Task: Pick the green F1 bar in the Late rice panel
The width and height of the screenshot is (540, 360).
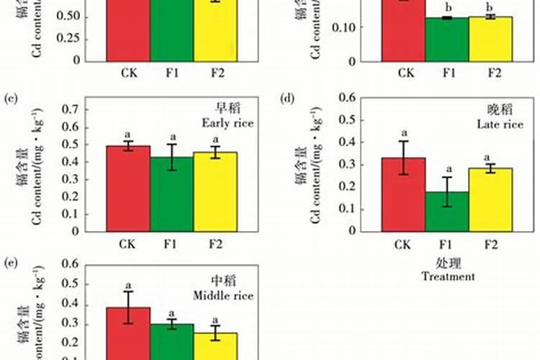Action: (447, 212)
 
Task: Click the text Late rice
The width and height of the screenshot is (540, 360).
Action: (499, 125)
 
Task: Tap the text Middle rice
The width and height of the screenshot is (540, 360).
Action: (224, 295)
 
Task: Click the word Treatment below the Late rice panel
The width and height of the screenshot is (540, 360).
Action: (448, 276)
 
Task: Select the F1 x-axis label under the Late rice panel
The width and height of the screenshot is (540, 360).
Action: (448, 245)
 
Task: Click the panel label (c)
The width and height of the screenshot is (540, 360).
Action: (10, 97)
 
